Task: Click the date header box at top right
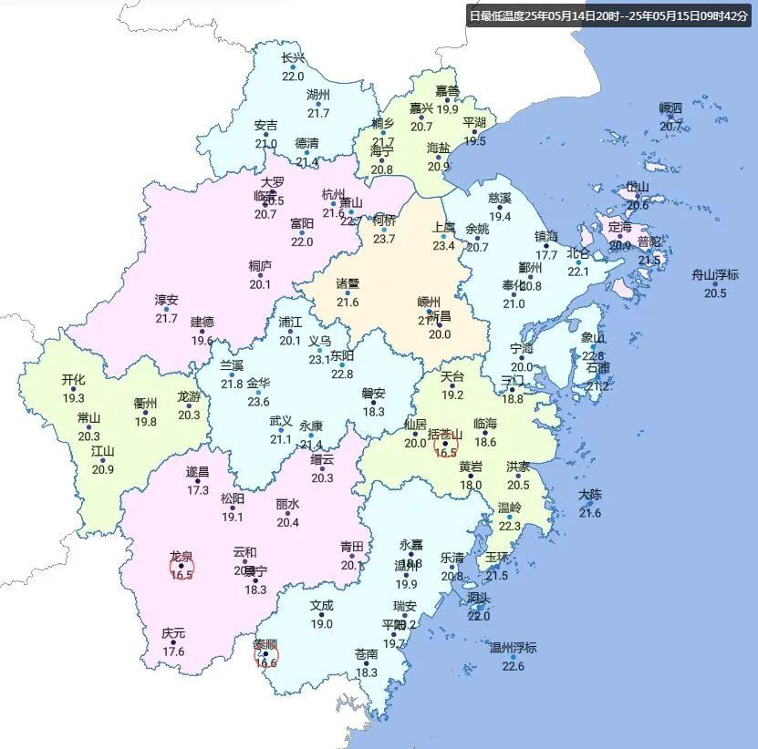click(x=607, y=15)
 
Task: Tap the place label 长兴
click(x=293, y=58)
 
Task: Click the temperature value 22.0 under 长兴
click(x=293, y=76)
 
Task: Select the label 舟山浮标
click(x=715, y=275)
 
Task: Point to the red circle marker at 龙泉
click(x=182, y=569)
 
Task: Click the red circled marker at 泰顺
click(x=265, y=655)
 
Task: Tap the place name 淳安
click(x=166, y=300)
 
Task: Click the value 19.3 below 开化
click(x=73, y=398)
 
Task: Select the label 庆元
click(x=173, y=633)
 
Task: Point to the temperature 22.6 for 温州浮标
click(x=514, y=666)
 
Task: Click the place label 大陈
click(x=590, y=495)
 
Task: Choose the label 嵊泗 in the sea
click(x=670, y=108)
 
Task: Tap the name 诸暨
click(x=348, y=283)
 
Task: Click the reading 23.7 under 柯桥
click(x=384, y=239)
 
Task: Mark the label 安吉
click(x=265, y=126)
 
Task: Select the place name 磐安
click(x=373, y=394)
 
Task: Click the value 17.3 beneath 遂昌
click(x=198, y=489)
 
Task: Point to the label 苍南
click(x=367, y=654)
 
